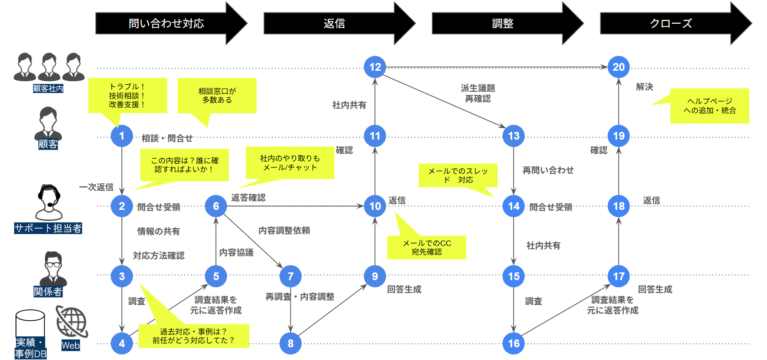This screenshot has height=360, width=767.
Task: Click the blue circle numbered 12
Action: click(375, 67)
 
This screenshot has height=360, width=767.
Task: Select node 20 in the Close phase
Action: click(619, 67)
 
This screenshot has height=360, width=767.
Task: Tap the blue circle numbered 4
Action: click(122, 344)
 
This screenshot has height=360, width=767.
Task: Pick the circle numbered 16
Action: click(514, 344)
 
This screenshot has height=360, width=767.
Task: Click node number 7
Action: click(290, 276)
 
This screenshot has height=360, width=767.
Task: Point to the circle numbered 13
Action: click(514, 136)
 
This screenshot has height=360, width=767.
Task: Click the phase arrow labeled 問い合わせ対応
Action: click(166, 23)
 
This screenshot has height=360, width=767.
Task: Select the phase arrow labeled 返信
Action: click(334, 23)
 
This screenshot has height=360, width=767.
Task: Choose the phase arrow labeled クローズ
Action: click(671, 23)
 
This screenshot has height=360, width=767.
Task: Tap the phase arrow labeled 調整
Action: click(503, 23)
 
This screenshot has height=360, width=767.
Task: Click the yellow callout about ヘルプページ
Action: click(709, 106)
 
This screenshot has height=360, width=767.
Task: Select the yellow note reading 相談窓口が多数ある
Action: click(217, 96)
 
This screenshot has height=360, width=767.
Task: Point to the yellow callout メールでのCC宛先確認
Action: click(426, 247)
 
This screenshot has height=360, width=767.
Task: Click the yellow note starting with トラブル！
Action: click(127, 95)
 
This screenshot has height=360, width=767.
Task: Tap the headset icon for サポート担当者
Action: click(48, 202)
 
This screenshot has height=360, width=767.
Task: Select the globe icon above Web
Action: click(72, 322)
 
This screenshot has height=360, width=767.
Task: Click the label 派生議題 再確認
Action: click(478, 93)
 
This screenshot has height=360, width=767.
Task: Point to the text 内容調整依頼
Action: click(284, 230)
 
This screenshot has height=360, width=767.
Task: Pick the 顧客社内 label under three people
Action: click(48, 89)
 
